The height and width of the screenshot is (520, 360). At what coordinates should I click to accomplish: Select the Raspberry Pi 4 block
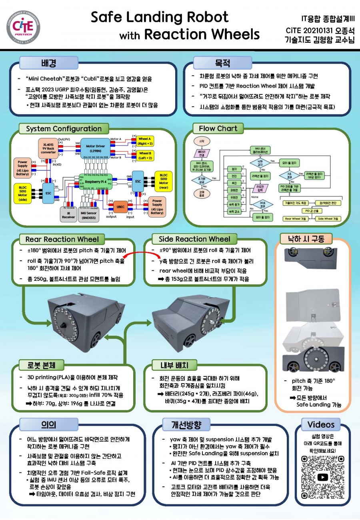[96, 182]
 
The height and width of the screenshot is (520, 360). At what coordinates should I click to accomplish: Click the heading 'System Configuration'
[64, 129]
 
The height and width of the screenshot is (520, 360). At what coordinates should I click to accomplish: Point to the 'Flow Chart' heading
[218, 128]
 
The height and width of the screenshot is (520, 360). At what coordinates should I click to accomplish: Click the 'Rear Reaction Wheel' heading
[62, 239]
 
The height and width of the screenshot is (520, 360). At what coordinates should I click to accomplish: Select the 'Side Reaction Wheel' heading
[194, 239]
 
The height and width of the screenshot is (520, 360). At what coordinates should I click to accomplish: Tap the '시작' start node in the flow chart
[202, 141]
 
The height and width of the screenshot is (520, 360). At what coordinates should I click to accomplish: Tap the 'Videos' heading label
[321, 424]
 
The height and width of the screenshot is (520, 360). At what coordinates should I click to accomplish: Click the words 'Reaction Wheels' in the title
[202, 34]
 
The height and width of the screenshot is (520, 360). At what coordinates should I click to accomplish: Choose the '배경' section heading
[48, 63]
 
